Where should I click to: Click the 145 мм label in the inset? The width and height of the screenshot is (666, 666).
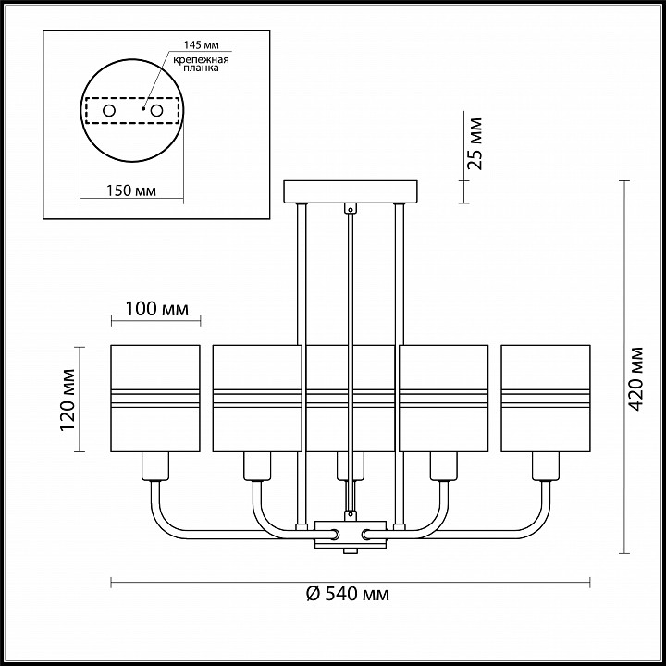pyautogui.click(x=201, y=45)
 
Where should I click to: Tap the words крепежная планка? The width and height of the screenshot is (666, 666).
pyautogui.click(x=201, y=64)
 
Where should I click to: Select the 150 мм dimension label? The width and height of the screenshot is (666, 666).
pyautogui.click(x=130, y=191)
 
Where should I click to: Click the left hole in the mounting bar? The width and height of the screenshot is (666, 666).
pyautogui.click(x=109, y=111)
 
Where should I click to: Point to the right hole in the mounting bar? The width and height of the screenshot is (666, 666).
pyautogui.click(x=156, y=111)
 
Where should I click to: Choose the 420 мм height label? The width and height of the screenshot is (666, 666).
pyautogui.click(x=635, y=379)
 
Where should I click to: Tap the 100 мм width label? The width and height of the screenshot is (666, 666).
pyautogui.click(x=156, y=309)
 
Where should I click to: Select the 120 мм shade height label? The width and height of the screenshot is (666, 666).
pyautogui.click(x=68, y=401)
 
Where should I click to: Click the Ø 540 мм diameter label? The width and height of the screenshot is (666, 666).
pyautogui.click(x=348, y=593)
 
